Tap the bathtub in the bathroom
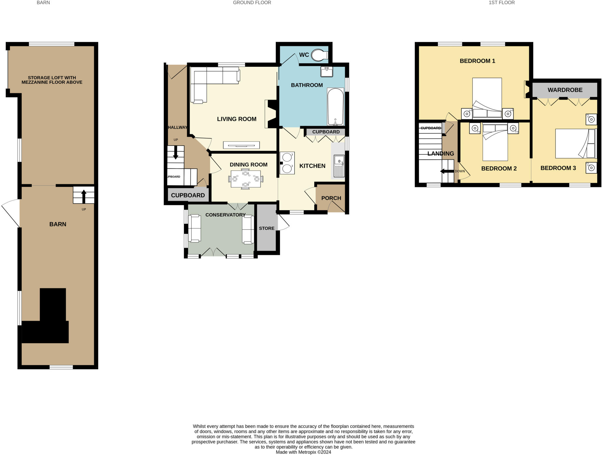point(335,107)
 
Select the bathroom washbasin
point(327,72)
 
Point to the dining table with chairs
point(246,179)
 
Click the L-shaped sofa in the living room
point(206,79)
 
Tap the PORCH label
point(331,198)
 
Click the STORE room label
point(267,228)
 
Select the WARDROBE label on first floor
point(565,90)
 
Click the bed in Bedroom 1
point(487,98)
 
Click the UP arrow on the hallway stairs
point(175,153)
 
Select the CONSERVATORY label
point(225,215)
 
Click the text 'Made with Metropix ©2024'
point(303,452)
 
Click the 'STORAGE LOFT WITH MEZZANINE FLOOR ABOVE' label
point(52,80)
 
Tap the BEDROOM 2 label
point(499,169)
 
